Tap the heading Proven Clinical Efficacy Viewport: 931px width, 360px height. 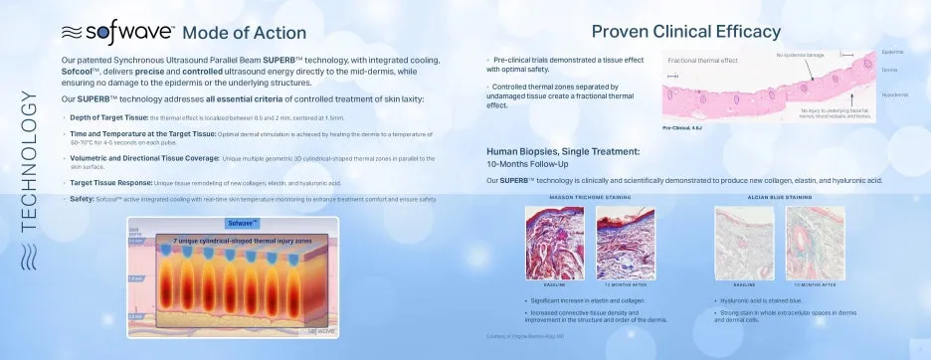685,31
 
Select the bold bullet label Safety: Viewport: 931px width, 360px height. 76,199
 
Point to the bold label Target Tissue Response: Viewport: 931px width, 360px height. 106,183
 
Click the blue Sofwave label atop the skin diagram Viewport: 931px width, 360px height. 242,223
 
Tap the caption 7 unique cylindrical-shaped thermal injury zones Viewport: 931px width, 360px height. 242,240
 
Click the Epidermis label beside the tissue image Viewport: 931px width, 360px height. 892,52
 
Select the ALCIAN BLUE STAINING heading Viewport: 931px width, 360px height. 779,197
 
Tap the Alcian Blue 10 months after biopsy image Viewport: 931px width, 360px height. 814,244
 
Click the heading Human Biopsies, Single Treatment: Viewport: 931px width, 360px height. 563,151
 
